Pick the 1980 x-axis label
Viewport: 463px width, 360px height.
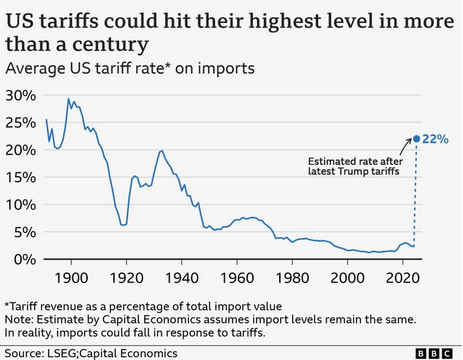pos(293,279)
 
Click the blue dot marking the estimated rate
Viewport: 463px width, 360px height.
pos(416,138)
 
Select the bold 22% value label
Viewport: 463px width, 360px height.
pos(435,139)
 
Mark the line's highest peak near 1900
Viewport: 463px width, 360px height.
pos(69,99)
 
